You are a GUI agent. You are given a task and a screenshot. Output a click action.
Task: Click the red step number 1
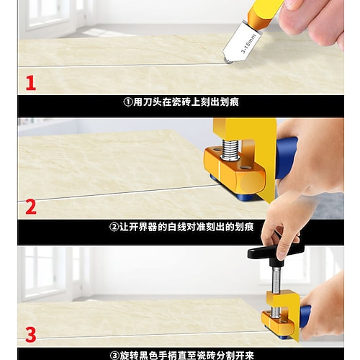(x=31, y=83)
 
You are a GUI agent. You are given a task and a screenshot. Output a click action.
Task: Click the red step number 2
(x=31, y=207)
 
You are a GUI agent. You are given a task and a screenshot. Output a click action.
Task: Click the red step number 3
(x=31, y=335)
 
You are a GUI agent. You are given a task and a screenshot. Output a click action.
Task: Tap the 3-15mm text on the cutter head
(x=248, y=44)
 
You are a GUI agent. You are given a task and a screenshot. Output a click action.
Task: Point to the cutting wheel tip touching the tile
(x=228, y=62)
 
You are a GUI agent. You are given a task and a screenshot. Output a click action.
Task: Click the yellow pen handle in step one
(x=264, y=13)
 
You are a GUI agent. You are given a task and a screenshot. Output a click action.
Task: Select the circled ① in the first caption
(x=128, y=102)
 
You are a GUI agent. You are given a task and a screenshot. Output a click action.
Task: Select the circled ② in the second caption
(x=114, y=227)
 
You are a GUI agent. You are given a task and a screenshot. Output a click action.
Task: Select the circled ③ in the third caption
(x=114, y=356)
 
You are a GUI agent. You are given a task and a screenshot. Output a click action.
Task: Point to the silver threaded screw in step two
(x=230, y=150)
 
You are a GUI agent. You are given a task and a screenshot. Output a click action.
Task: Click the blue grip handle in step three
(x=305, y=317)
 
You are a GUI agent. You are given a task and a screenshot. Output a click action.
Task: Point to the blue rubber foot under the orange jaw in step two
(x=245, y=197)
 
